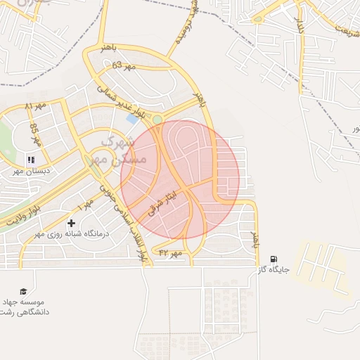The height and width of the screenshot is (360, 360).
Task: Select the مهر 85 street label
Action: [34, 134]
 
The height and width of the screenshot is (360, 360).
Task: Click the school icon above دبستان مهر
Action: [30, 160]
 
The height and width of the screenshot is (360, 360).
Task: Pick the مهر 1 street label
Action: [86, 205]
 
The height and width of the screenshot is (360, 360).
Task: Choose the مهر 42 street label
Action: [170, 252]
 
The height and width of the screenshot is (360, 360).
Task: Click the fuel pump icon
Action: [274, 259]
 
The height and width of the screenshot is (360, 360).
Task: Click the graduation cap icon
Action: [23, 291]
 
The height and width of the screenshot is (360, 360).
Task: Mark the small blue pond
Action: [131, 119]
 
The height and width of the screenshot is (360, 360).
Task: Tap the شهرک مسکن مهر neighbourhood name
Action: [118, 151]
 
